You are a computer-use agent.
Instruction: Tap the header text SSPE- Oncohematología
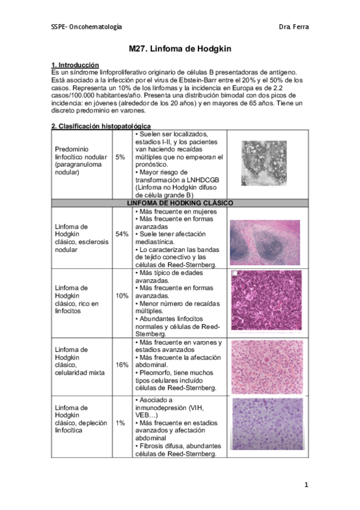[x=86, y=27]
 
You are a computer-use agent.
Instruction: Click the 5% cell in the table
[x=120, y=157]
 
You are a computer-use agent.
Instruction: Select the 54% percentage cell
[x=122, y=234]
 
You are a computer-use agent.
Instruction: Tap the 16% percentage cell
[x=122, y=365]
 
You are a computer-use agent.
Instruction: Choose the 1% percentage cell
[x=121, y=423]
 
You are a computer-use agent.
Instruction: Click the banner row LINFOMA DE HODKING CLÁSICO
[x=180, y=203]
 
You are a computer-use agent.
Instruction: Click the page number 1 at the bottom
[x=306, y=485]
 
